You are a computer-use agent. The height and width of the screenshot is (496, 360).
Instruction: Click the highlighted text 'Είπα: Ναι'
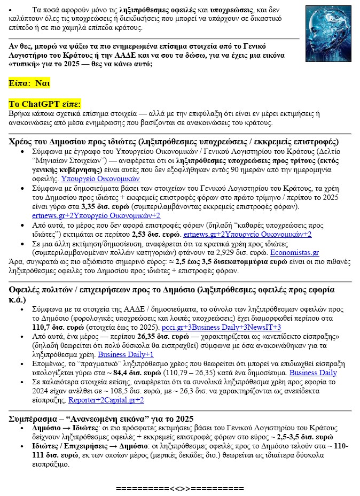click(30, 83)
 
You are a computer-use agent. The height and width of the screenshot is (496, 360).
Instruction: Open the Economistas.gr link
click(295, 252)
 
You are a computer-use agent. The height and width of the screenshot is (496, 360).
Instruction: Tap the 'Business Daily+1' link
click(126, 354)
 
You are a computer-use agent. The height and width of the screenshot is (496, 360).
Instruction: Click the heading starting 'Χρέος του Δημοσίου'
click(174, 142)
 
